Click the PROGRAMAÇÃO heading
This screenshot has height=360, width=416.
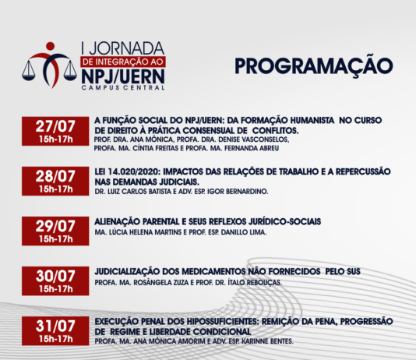(314, 66)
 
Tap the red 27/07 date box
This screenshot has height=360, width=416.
(55, 131)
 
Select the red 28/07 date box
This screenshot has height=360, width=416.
(55, 181)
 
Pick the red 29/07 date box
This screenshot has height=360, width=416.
(55, 231)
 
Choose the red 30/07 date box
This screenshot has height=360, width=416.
(55, 281)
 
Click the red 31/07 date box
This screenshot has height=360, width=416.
(55, 331)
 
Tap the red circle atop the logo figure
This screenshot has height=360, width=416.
(50, 46)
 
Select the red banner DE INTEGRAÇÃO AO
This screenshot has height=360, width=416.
(123, 62)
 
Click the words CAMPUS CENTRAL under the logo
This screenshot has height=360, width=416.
(123, 87)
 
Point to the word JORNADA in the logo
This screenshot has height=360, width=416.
(127, 48)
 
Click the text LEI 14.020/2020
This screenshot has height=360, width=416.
(128, 171)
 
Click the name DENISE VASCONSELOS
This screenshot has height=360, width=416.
(254, 139)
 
